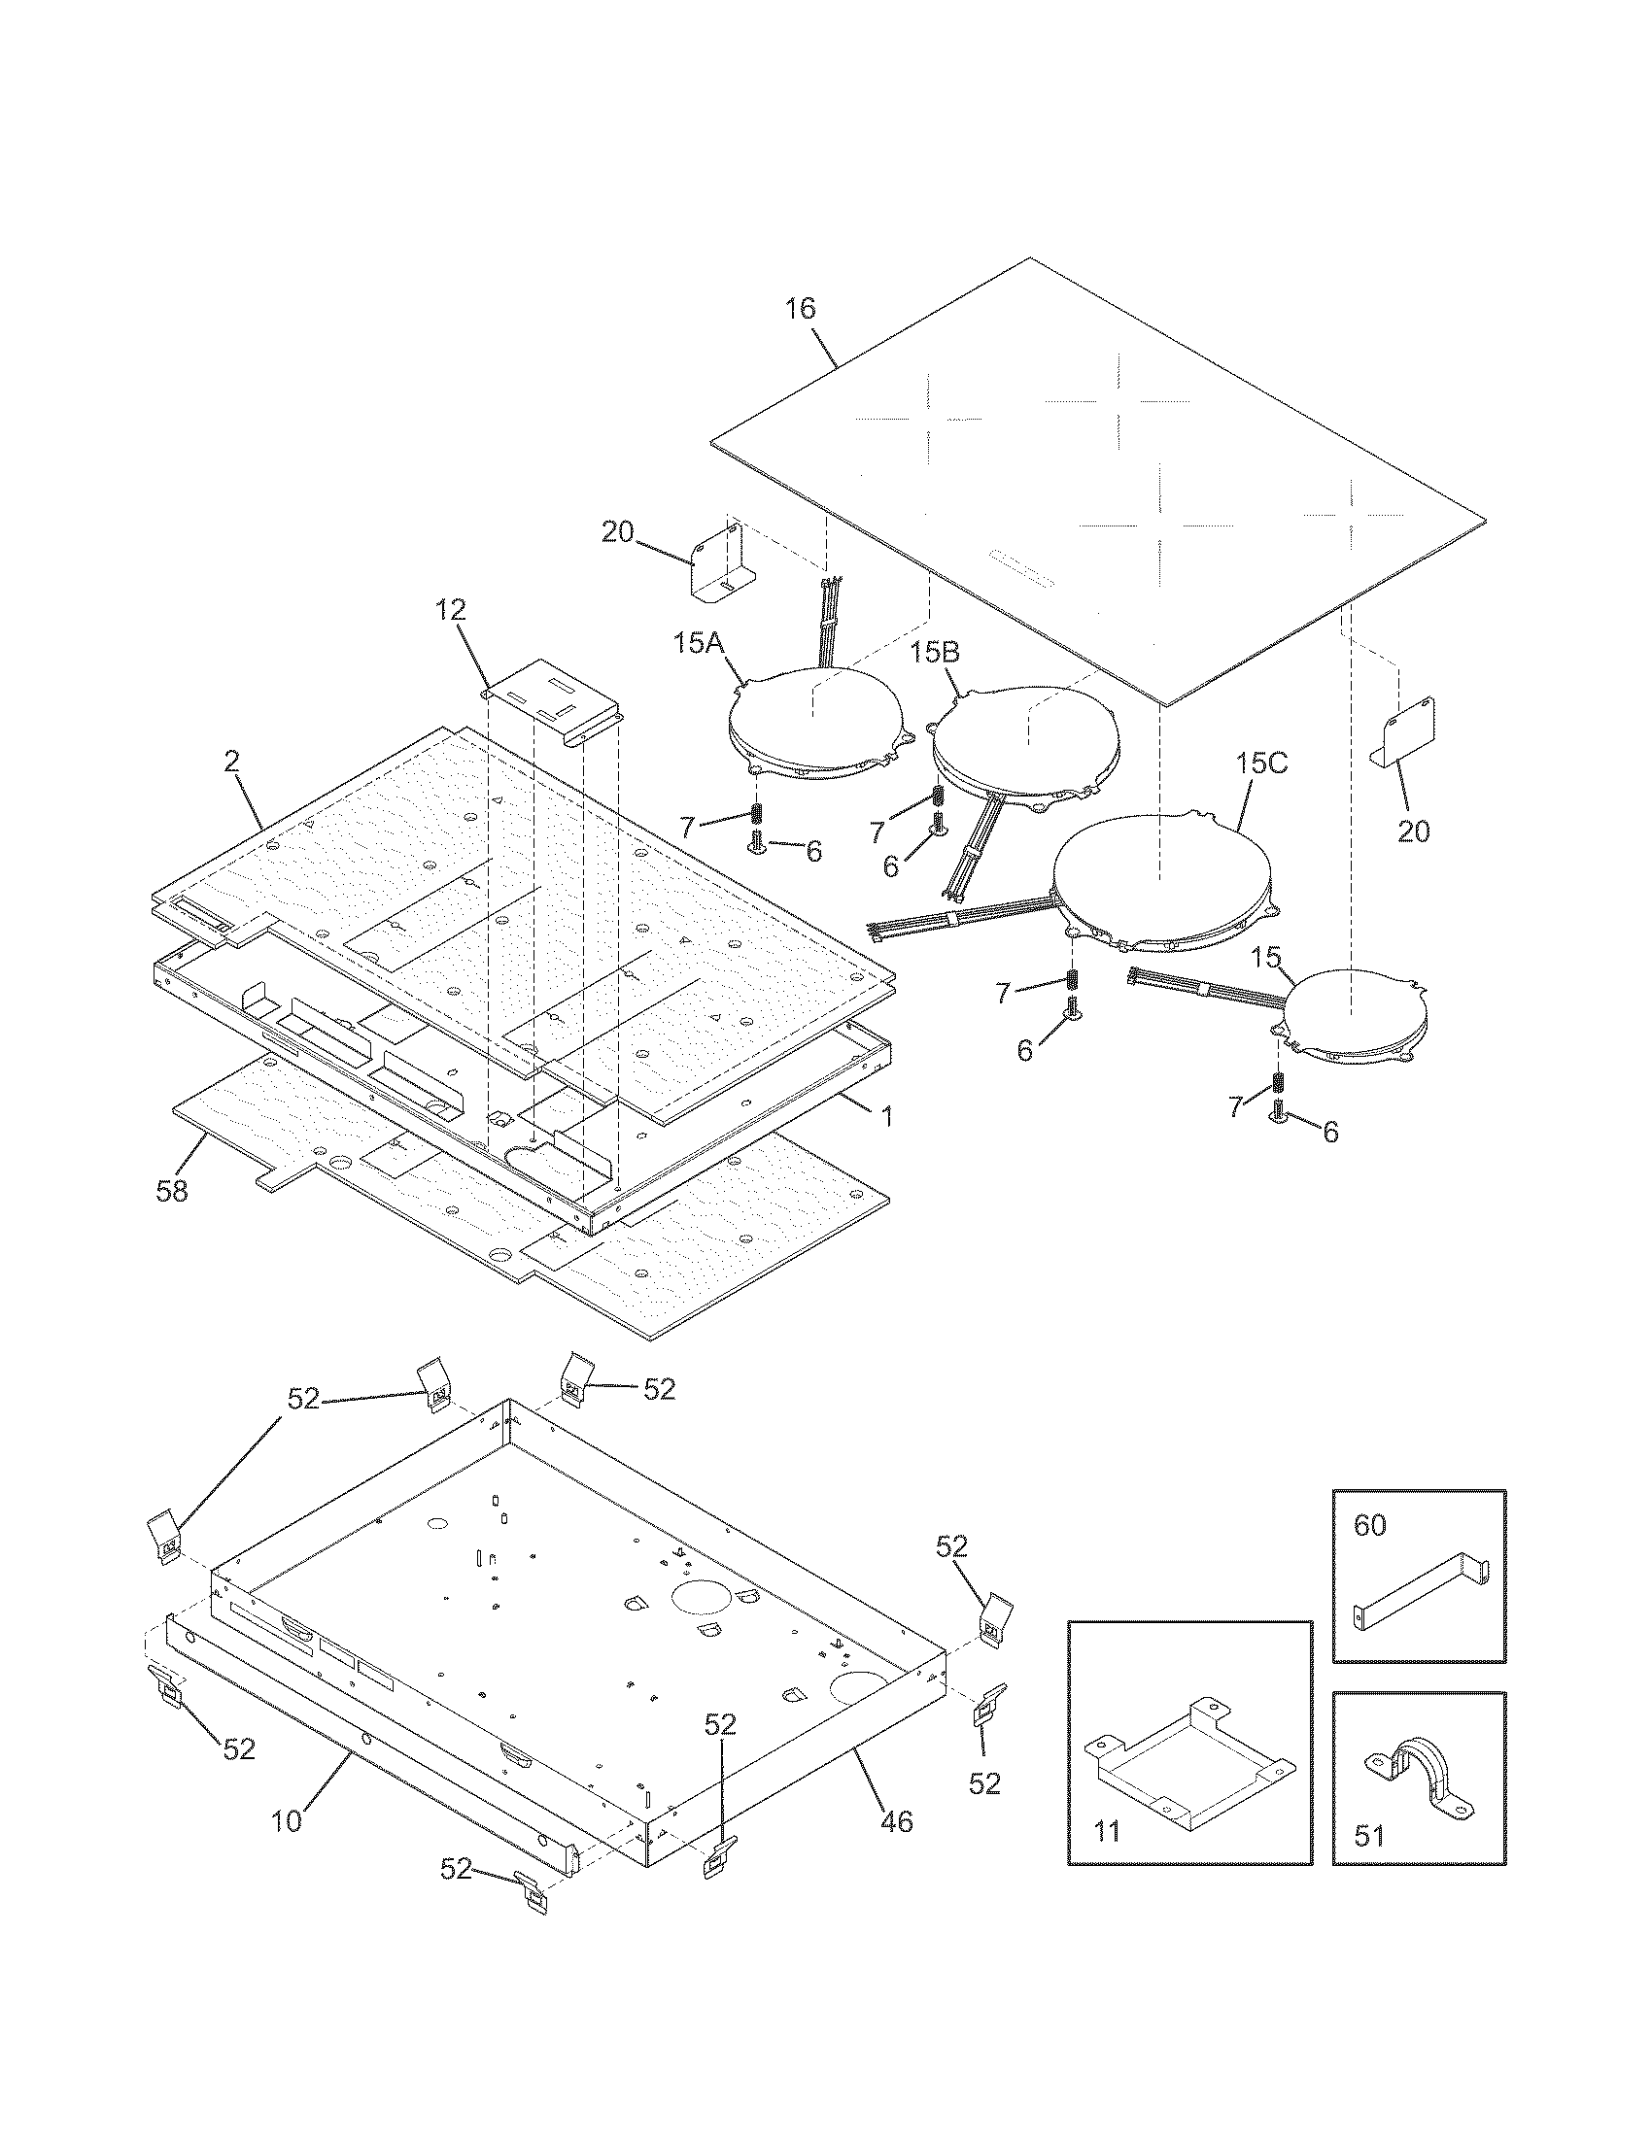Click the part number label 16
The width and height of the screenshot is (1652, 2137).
point(800,309)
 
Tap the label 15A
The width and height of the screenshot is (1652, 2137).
point(698,643)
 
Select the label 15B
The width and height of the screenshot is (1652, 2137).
point(935,652)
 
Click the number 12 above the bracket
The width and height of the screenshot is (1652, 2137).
point(451,611)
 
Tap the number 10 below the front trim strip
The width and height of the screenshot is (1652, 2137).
point(287,1822)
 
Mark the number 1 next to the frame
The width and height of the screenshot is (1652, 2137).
point(886,1116)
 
